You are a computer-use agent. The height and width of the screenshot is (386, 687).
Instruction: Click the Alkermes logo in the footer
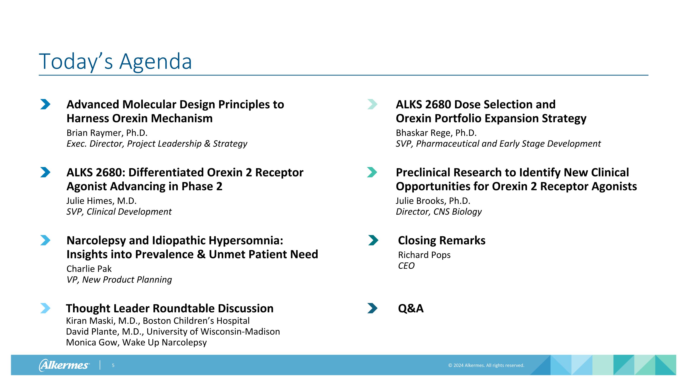click(64, 365)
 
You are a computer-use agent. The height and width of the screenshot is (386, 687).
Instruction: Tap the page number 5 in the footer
click(113, 365)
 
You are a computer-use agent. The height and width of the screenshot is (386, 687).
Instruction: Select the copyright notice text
click(486, 365)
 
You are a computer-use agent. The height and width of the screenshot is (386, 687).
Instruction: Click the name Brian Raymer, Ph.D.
click(107, 133)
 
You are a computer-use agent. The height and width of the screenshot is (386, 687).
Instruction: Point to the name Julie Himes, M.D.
click(101, 201)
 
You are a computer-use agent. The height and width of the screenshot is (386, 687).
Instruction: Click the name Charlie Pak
click(89, 269)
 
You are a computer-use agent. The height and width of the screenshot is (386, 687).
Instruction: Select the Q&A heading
click(410, 308)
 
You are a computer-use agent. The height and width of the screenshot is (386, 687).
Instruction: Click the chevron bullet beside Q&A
click(372, 308)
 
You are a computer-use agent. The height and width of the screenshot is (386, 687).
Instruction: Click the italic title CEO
click(406, 266)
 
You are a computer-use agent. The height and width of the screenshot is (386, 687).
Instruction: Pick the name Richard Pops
click(424, 255)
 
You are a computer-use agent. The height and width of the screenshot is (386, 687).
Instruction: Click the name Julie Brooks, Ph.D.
click(433, 201)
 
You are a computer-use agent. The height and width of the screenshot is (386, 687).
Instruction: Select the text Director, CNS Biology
click(439, 211)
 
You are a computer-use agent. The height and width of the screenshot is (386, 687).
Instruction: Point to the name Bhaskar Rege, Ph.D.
click(436, 133)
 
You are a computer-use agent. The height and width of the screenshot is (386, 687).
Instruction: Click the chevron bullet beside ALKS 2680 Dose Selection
click(372, 104)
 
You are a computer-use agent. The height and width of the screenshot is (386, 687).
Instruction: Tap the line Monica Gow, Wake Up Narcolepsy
click(136, 342)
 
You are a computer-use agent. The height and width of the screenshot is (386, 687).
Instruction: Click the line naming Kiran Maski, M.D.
click(158, 321)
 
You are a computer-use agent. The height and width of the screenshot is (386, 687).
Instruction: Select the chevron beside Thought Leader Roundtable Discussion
click(45, 308)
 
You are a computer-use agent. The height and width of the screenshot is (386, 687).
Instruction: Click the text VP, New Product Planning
click(119, 279)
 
